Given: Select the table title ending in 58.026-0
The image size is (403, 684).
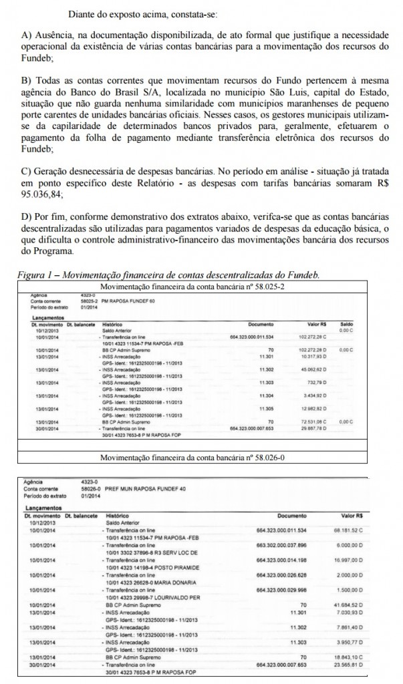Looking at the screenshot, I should coord(201,458).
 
